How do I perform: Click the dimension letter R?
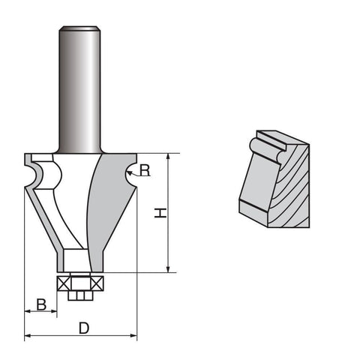pyautogui.click(x=145, y=170)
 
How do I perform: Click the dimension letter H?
pyautogui.click(x=160, y=213)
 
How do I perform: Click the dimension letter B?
pyautogui.click(x=41, y=304)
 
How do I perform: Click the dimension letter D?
pyautogui.click(x=84, y=328)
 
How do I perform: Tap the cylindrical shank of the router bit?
pyautogui.click(x=79, y=90)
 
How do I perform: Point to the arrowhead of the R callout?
pyautogui.click(x=130, y=172)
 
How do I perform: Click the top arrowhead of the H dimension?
pyautogui.click(x=168, y=157)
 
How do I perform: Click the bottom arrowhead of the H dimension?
pyautogui.click(x=168, y=268)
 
